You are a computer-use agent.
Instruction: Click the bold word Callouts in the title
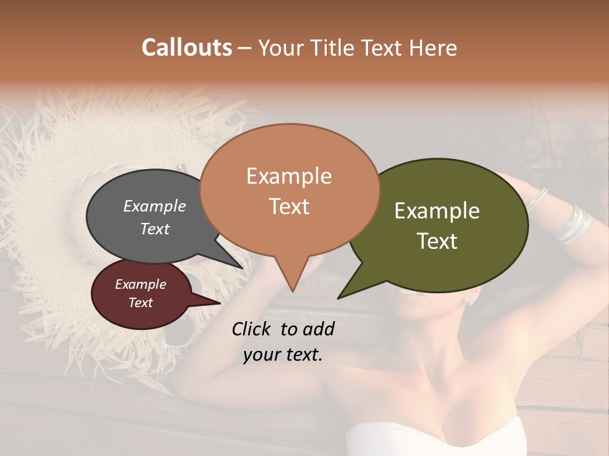point(187,47)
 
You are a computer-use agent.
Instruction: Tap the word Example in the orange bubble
point(289,176)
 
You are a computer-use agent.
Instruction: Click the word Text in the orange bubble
point(289,206)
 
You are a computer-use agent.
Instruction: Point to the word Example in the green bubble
point(437,211)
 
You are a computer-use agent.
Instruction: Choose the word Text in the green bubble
point(437,241)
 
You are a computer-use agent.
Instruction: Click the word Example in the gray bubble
point(155,206)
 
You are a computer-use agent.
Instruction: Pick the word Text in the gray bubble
point(155,229)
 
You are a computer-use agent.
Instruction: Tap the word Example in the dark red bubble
point(140,284)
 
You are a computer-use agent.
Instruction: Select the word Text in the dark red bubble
point(140,303)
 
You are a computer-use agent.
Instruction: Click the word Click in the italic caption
point(252,329)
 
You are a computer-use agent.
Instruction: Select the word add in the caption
point(318,329)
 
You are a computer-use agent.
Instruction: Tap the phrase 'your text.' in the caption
point(283,355)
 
